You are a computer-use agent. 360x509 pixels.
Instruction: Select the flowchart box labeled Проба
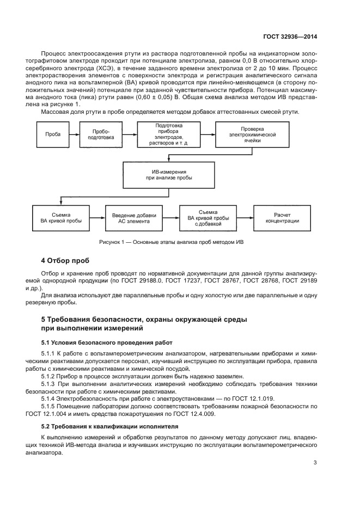[53, 134]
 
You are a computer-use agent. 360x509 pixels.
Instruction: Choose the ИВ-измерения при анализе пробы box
[168, 174]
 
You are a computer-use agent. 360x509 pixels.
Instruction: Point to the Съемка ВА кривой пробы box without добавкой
[58, 218]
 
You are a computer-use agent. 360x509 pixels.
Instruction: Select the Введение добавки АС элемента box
[134, 218]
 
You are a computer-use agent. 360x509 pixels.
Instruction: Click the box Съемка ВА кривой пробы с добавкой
[208, 218]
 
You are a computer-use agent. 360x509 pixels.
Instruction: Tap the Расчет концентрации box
[283, 218]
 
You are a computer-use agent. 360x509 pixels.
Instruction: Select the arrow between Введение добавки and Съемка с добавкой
[171, 218]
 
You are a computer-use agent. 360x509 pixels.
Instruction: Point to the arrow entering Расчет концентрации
[245, 218]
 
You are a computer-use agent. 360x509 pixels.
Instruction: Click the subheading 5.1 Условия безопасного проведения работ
[107, 342]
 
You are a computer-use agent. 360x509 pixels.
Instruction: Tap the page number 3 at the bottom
[315, 463]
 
